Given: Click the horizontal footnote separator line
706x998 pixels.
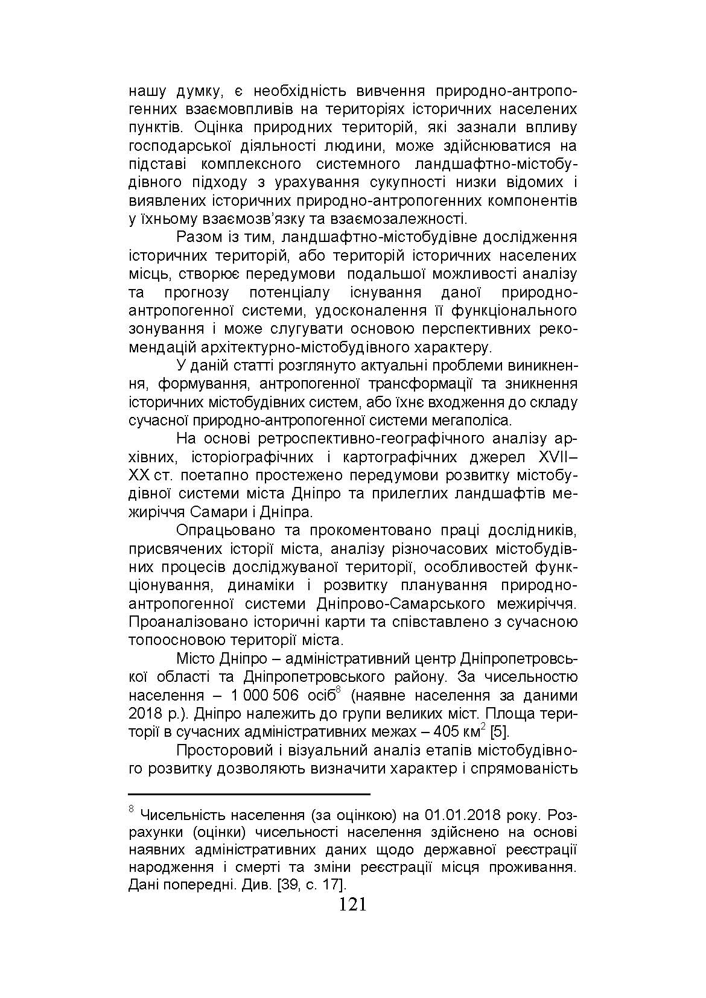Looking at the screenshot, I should click(249, 795).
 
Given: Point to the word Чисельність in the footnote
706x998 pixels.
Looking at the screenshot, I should click(180, 815).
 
